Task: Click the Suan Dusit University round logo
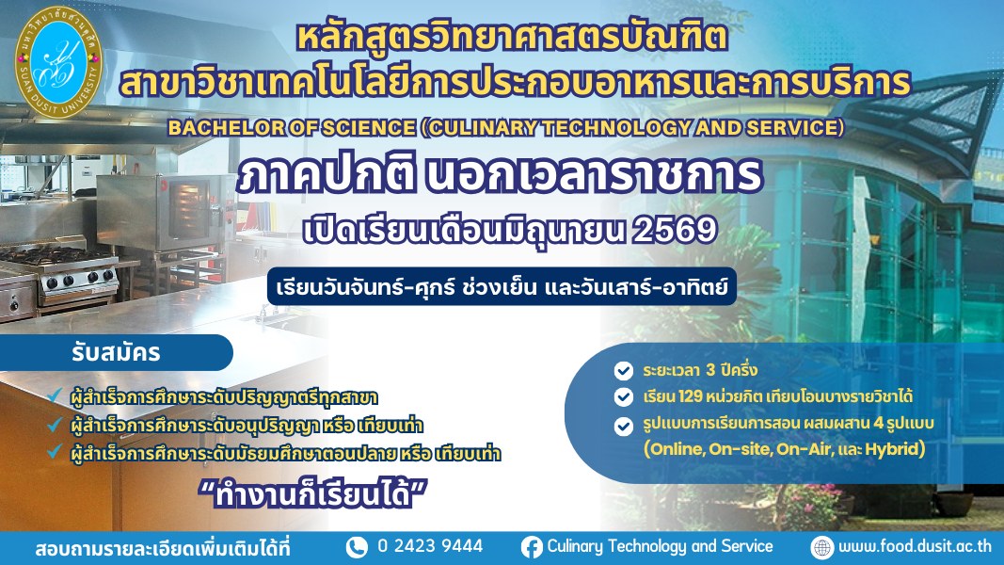point(58,63)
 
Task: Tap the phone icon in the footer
point(357,547)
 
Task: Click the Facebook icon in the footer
point(532,547)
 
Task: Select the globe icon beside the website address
point(821,547)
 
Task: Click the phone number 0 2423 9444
point(430,546)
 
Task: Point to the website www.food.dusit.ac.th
point(915,546)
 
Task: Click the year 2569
point(674,230)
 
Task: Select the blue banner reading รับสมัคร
point(116,352)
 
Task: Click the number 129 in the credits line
point(691,396)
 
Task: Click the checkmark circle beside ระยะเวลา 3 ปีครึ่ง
point(623,371)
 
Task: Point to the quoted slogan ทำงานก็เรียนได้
point(313,494)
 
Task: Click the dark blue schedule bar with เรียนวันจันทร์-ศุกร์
point(502,285)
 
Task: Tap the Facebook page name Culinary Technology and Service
point(660,546)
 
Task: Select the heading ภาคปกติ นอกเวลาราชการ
point(500,173)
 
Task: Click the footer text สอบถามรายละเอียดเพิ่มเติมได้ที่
point(163,549)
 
